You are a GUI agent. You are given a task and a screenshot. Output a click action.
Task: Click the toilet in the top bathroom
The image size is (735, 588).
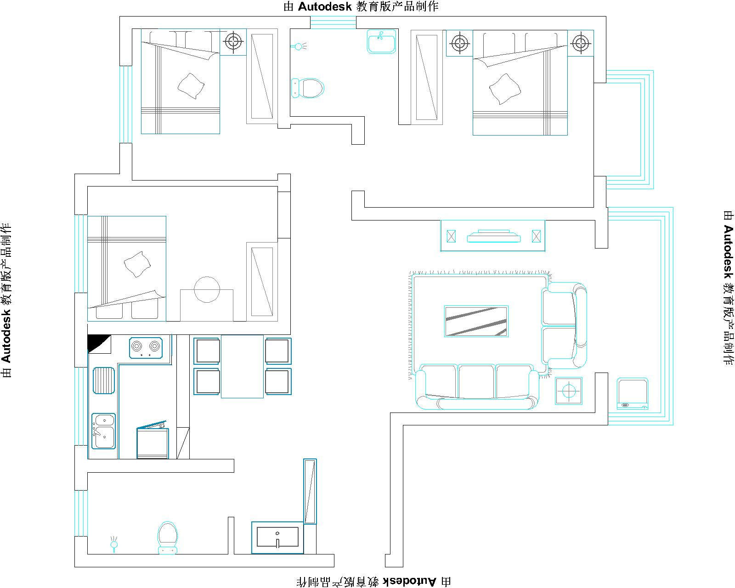[x=307, y=88]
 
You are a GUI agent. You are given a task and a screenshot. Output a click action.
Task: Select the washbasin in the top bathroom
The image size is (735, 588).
[x=381, y=42]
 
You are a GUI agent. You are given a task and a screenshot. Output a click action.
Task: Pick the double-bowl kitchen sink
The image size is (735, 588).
[x=104, y=431]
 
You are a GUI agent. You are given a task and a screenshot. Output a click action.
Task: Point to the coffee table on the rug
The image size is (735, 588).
[x=476, y=321]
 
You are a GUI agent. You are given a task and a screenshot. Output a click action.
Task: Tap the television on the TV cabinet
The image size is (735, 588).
[x=493, y=237]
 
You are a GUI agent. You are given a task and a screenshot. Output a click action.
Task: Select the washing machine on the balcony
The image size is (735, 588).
[x=632, y=394]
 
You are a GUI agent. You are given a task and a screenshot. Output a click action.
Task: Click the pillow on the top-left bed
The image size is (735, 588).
[x=191, y=86]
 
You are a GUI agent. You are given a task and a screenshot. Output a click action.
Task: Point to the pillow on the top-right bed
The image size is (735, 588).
[x=505, y=89]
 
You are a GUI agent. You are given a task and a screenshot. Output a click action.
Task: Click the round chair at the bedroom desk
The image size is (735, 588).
[x=207, y=289]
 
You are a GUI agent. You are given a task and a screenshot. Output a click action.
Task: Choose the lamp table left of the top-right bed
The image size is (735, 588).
[x=459, y=43]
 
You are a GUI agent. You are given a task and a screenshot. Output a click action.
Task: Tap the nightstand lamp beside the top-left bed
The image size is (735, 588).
[x=233, y=42]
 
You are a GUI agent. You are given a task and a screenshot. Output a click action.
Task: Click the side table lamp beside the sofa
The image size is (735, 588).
[x=569, y=391]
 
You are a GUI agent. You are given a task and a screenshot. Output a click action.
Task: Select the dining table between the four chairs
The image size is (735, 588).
[x=242, y=366]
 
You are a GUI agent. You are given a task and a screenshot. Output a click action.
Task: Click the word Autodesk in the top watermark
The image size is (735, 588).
[x=325, y=6]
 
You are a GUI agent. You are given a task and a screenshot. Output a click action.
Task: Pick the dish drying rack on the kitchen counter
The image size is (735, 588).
[x=103, y=380]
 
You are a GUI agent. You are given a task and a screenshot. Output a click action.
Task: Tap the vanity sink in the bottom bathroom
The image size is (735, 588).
[x=277, y=537]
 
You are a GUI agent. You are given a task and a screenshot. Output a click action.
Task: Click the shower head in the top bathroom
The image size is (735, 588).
[x=299, y=46]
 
